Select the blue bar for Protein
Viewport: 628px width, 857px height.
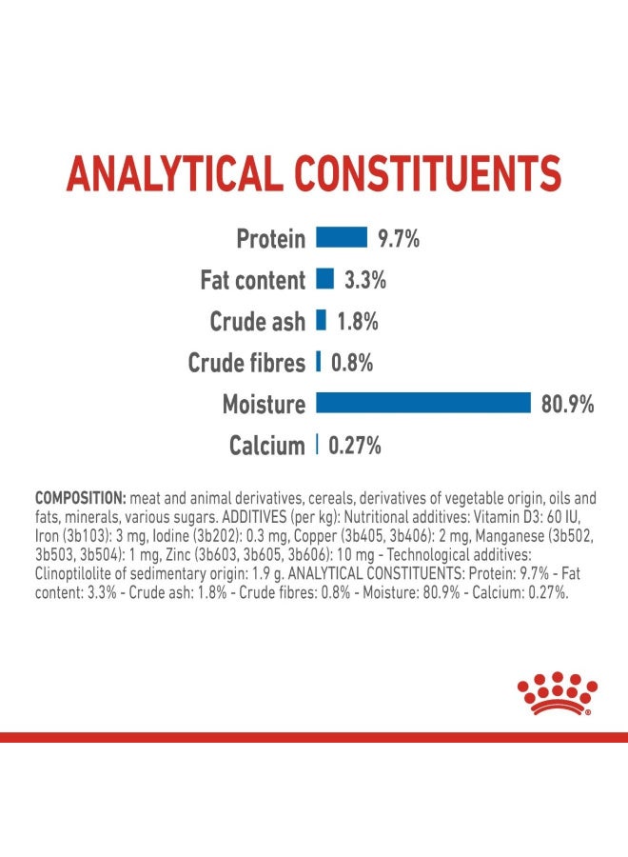[342, 237]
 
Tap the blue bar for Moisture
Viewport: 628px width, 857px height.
[423, 403]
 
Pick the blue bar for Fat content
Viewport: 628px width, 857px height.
[324, 279]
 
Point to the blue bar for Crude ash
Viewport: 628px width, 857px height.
[321, 320]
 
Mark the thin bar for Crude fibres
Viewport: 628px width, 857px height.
[318, 362]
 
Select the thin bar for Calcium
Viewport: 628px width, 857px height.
[317, 445]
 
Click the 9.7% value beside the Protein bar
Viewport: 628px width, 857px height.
[398, 238]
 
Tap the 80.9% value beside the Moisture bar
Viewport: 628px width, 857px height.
[567, 404]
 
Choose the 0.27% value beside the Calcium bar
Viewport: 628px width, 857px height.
[355, 445]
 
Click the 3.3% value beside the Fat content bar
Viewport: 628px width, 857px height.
[364, 280]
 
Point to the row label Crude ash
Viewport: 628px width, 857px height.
[258, 321]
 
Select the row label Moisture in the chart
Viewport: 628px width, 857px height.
[264, 404]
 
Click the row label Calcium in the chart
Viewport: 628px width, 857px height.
[266, 446]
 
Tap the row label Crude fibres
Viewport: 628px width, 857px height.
[246, 363]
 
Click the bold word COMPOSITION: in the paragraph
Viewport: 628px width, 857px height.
[81, 498]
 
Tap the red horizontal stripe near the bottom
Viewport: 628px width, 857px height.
[314, 737]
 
